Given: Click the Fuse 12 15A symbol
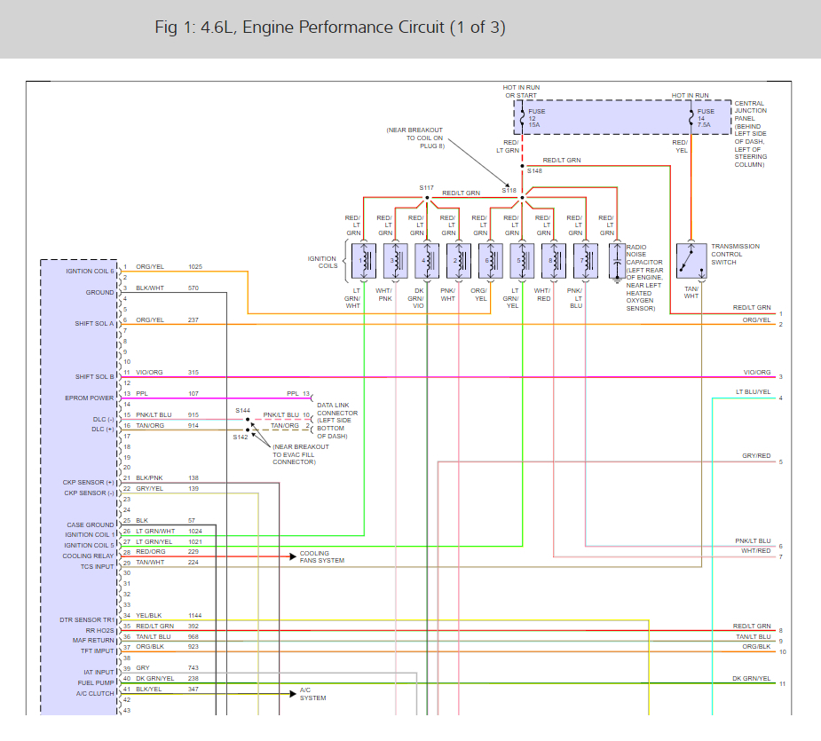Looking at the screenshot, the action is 522,118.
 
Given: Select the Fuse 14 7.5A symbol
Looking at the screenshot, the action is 691,118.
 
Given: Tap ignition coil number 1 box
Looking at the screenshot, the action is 364,261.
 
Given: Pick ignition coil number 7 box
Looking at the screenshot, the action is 586,261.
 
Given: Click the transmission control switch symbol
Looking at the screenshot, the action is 691,261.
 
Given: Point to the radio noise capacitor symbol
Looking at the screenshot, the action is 618,261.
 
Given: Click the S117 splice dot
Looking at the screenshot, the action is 427,198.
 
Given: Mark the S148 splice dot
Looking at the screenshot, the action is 522,166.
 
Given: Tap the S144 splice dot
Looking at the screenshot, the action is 248,420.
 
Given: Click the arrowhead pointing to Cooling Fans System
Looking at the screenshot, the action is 293,556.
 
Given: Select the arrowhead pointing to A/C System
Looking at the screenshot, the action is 293,694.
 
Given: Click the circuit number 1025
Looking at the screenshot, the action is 195,267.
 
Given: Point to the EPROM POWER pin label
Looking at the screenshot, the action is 89,398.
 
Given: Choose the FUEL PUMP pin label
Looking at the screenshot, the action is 96,682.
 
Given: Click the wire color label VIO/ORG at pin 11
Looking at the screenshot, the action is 149,373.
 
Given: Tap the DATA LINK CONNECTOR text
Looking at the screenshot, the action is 337,409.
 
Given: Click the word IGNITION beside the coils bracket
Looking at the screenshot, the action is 321,259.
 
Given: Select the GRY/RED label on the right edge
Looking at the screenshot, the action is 756,455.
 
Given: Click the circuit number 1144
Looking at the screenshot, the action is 195,616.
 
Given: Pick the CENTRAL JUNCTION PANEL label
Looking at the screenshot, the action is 750,111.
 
